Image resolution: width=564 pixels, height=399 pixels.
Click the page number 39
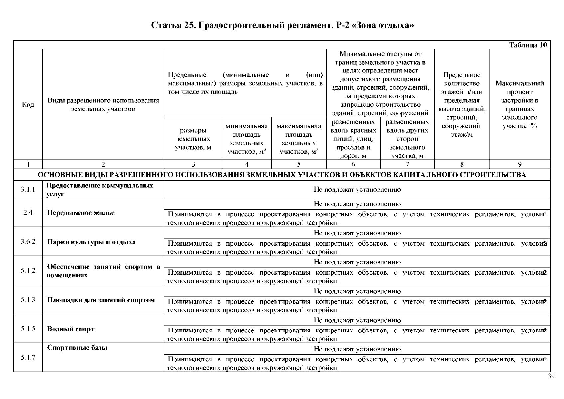(551, 376)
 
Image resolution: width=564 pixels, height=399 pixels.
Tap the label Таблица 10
(528, 45)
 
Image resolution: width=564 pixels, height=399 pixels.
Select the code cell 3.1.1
(28, 190)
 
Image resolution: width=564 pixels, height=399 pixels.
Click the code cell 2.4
(28, 213)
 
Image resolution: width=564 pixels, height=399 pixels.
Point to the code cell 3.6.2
(28, 242)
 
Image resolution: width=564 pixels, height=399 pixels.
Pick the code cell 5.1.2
(28, 271)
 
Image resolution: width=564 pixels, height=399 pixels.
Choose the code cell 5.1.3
(28, 300)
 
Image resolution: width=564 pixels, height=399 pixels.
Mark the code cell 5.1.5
(28, 329)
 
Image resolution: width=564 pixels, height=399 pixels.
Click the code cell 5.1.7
(28, 357)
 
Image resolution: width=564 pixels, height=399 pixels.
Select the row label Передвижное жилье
(81, 213)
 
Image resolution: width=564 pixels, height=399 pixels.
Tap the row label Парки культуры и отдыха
(91, 242)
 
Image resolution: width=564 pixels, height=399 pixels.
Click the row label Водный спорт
(71, 329)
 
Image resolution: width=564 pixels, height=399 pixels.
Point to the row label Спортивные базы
(77, 348)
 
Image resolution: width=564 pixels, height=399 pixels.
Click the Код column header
(28, 105)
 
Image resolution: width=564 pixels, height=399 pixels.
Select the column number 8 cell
(462, 164)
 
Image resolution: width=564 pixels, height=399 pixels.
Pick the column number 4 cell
(247, 164)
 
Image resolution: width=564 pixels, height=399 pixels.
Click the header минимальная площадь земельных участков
(247, 139)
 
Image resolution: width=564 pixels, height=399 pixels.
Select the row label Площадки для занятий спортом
(101, 300)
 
